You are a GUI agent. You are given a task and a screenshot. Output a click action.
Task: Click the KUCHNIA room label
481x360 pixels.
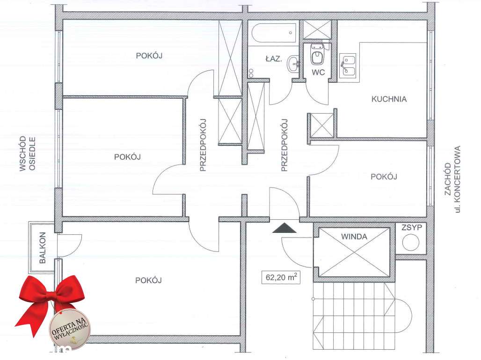389,99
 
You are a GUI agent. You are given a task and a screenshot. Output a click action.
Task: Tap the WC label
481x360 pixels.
318,72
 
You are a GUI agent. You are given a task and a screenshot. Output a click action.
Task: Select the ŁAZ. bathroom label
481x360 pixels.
273,59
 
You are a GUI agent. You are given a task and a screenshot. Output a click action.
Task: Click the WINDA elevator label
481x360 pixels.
354,237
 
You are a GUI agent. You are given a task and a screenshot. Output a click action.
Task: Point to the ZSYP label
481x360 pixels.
412,228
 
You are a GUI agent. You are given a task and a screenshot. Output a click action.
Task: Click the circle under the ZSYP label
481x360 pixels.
411,243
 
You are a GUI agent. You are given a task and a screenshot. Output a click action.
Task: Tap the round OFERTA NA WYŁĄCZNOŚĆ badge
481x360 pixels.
70,327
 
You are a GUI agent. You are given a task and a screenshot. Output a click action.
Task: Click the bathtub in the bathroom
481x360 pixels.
273,33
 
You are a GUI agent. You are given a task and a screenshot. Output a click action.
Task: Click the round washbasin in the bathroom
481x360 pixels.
294,65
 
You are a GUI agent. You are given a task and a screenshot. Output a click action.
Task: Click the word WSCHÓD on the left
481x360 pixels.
22,154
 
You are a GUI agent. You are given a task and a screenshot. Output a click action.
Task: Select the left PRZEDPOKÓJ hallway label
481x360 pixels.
203,145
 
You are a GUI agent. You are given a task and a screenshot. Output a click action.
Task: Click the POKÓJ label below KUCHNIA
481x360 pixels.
384,177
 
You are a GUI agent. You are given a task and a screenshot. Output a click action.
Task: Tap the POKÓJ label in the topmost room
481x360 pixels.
149,56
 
